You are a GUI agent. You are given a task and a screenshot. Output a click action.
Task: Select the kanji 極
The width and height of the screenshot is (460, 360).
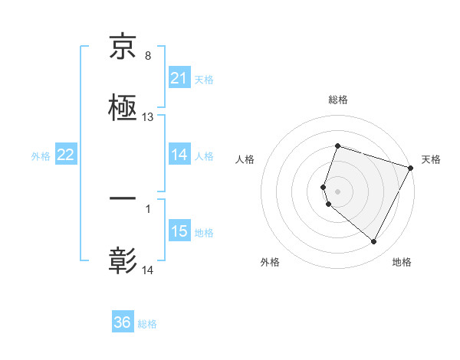[x=123, y=106]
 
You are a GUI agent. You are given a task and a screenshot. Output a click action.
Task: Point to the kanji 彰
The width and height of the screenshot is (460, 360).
[x=123, y=260]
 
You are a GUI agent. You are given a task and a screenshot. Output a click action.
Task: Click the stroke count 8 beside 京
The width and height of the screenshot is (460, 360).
[x=147, y=57]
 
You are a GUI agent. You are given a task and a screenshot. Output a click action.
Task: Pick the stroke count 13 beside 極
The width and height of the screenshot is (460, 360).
[x=148, y=117]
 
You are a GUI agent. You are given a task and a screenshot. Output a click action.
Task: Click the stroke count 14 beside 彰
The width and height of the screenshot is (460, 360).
[x=148, y=270]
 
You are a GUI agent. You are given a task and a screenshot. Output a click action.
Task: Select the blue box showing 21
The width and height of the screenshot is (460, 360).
[x=179, y=78]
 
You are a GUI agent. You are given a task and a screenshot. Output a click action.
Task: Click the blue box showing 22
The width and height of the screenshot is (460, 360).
[x=66, y=155]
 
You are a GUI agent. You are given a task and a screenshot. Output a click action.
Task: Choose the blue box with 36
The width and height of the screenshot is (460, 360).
[x=123, y=322]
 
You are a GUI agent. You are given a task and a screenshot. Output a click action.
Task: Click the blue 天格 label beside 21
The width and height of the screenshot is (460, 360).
[x=204, y=79]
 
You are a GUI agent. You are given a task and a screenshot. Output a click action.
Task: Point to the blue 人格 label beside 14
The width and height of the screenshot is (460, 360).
[x=204, y=155]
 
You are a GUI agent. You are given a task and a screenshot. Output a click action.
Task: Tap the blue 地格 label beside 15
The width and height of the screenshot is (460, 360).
[x=204, y=232]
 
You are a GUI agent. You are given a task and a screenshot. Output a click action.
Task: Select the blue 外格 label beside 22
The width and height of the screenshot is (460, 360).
[x=41, y=155]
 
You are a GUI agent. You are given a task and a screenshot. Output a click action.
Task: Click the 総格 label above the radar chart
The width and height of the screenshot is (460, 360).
[x=337, y=100]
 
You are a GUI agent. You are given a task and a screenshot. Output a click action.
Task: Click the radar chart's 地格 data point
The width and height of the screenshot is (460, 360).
[x=374, y=242]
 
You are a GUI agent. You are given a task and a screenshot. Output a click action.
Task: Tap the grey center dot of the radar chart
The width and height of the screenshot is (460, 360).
[x=337, y=191]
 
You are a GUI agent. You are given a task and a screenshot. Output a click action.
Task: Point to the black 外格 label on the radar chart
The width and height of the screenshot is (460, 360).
[x=270, y=263]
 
